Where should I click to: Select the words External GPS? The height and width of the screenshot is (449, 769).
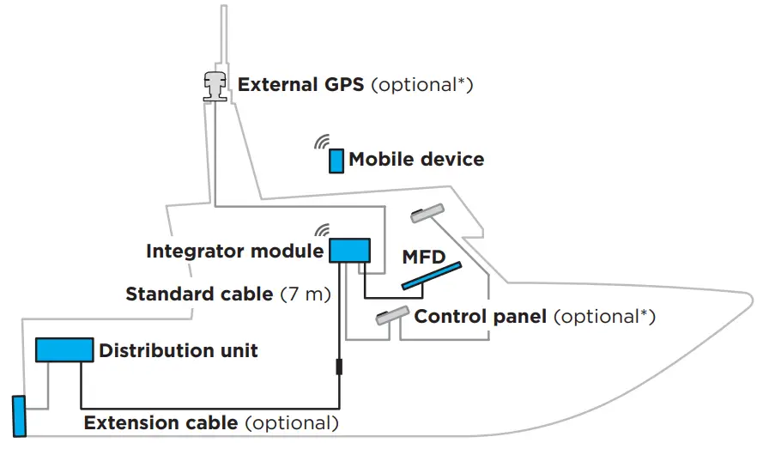[x=301, y=85]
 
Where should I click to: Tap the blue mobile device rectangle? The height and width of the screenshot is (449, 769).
[x=336, y=161]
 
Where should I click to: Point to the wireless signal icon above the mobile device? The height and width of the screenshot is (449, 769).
[x=322, y=141]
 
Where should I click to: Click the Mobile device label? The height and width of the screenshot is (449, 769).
[x=416, y=160]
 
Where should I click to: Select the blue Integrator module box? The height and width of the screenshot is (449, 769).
[x=349, y=251]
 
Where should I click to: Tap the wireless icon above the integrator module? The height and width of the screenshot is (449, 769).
[x=322, y=230]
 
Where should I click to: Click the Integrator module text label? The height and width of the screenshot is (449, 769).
[x=234, y=252]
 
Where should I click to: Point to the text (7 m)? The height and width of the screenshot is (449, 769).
[x=306, y=294]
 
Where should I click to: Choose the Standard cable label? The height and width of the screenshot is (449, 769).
[x=198, y=294]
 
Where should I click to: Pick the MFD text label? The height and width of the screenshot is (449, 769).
[x=422, y=257]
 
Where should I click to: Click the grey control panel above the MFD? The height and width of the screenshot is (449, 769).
[x=427, y=212]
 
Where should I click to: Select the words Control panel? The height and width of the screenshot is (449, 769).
[x=481, y=317]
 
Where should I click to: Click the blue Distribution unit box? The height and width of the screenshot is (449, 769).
[x=64, y=349]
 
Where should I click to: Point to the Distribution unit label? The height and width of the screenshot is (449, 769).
[x=179, y=350]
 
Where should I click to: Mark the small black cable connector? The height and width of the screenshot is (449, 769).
[x=339, y=367]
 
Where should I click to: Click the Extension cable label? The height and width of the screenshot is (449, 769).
[x=160, y=423]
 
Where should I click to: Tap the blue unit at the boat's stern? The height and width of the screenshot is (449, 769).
[x=20, y=416]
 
